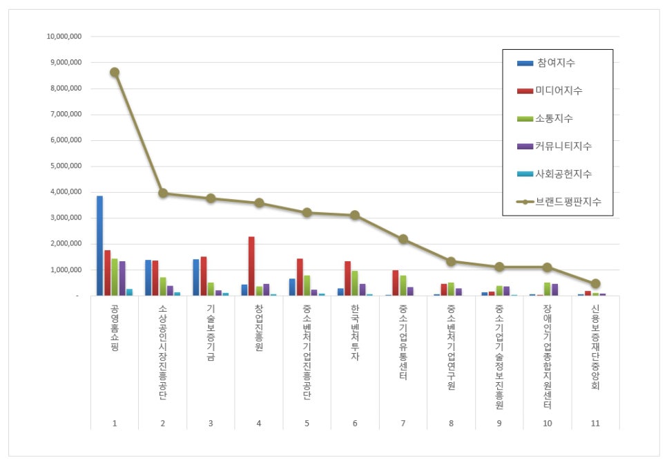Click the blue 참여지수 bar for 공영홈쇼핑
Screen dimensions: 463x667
pos(99,245)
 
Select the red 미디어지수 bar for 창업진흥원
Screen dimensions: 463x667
pos(252,266)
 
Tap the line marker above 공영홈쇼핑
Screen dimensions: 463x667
pos(115,72)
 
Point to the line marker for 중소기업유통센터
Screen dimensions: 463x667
pos(403,239)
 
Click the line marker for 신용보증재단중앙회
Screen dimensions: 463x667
pos(595,283)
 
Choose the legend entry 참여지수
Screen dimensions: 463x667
pos(556,63)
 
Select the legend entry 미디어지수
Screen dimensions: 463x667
pos(560,91)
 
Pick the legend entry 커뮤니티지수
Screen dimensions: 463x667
pos(564,147)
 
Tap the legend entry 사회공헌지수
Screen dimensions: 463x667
pos(564,174)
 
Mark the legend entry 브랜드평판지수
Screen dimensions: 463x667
pos(568,202)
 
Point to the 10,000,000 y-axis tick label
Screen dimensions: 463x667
pos(63,36)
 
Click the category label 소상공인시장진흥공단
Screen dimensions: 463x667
pos(162,352)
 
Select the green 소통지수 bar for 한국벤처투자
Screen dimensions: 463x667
pos(355,283)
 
